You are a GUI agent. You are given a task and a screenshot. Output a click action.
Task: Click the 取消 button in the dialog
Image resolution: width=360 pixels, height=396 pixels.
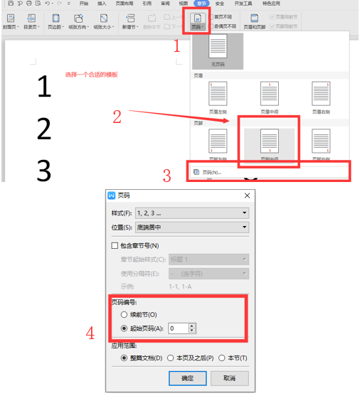[x=229, y=378]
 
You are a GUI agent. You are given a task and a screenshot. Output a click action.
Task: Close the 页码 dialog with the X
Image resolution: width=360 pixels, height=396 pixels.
[x=247, y=196]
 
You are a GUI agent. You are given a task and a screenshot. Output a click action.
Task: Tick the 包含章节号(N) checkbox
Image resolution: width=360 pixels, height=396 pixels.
[x=115, y=246]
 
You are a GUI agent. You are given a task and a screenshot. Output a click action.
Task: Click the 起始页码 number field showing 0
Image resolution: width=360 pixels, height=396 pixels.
[x=178, y=328]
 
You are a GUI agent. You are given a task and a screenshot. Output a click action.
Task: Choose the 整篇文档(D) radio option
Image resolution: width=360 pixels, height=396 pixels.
[x=117, y=358]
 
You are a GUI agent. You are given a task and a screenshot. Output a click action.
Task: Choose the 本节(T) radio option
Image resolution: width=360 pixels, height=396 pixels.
[x=222, y=358]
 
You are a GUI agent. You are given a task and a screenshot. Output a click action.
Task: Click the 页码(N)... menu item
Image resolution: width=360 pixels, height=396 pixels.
[x=212, y=172]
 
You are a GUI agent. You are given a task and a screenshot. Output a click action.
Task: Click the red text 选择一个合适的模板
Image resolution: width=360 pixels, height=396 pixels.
[x=92, y=75]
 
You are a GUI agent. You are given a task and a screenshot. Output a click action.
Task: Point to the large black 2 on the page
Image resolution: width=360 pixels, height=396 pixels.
[x=44, y=129]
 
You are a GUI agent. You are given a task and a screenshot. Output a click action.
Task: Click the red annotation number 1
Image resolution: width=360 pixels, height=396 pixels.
[x=178, y=47]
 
